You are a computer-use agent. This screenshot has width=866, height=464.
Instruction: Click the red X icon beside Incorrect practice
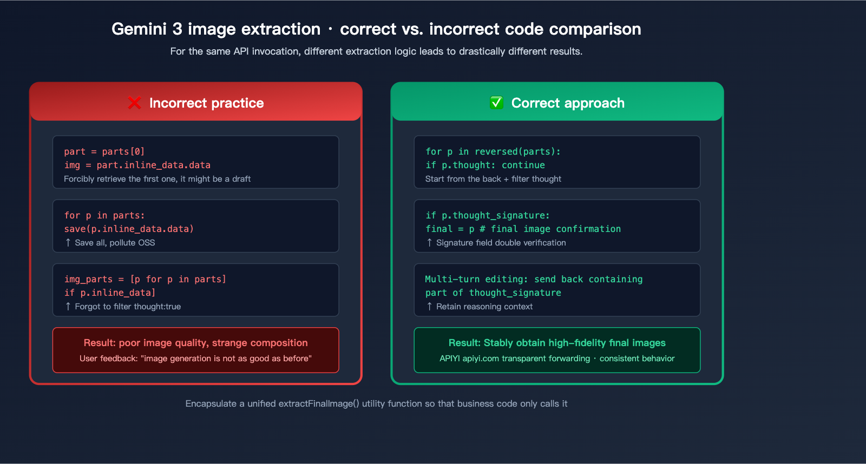click(134, 103)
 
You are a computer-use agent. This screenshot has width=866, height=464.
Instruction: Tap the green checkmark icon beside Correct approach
click(496, 103)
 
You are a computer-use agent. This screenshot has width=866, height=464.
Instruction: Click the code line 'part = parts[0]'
click(104, 151)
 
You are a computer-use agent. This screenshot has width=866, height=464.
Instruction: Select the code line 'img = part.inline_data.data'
click(137, 165)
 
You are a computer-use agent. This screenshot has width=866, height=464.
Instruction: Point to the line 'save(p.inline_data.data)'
click(129, 229)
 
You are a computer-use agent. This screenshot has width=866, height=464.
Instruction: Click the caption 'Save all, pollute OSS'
click(115, 243)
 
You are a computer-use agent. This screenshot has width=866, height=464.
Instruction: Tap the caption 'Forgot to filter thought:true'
click(128, 307)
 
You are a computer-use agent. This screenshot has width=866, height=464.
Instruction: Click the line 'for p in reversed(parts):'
click(493, 151)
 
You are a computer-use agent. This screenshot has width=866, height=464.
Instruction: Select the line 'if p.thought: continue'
click(485, 165)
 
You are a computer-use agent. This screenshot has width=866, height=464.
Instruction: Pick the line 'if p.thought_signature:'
click(488, 215)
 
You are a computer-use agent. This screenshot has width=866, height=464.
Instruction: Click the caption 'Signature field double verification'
click(501, 243)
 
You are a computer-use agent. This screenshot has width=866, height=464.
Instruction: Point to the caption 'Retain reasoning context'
click(484, 307)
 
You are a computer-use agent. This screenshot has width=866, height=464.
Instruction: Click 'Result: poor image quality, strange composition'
click(195, 343)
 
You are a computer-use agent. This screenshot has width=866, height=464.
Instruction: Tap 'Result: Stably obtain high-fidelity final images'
click(557, 343)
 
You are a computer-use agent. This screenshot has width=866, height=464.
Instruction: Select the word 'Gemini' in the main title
click(139, 29)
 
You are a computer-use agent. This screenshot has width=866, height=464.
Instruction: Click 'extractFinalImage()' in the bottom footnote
click(319, 403)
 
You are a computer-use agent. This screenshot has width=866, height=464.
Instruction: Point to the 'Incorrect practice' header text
click(206, 103)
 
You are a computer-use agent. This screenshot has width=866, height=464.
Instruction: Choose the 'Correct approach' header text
click(568, 103)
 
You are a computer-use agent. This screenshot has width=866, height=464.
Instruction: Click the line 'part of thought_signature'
click(493, 293)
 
